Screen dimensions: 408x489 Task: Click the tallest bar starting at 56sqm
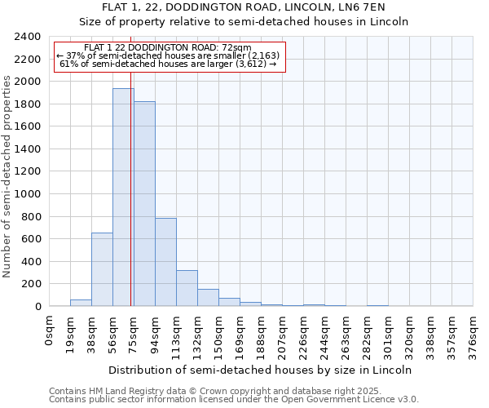[x=123, y=197]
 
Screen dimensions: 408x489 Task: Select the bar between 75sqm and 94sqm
[x=144, y=203]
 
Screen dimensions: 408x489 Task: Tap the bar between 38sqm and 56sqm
[x=102, y=269]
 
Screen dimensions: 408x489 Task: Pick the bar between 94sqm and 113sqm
[x=165, y=262]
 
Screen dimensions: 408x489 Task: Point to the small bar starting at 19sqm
[x=81, y=303]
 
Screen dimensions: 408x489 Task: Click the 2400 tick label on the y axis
[x=28, y=38]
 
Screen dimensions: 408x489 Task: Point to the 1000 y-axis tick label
[x=28, y=194]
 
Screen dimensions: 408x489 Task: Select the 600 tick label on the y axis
[x=31, y=239]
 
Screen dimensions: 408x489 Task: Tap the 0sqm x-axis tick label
[x=50, y=330]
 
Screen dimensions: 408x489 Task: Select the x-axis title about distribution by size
[x=260, y=370]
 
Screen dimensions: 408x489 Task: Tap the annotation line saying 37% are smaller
[x=169, y=55]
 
